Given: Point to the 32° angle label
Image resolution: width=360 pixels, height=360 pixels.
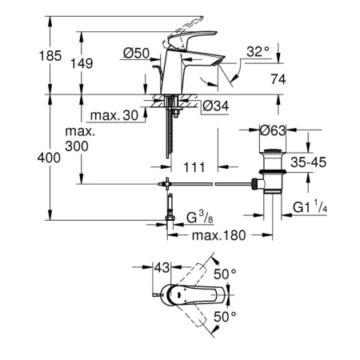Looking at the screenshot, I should pos(258,52).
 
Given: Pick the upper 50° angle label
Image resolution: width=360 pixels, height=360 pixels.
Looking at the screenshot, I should pos(230,274).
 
